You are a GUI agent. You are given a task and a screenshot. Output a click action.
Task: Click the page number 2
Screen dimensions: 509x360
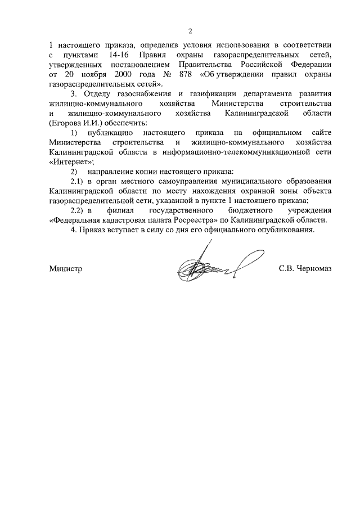tap(190, 30)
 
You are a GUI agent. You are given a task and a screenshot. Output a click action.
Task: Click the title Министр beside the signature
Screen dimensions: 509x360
tap(66, 269)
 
